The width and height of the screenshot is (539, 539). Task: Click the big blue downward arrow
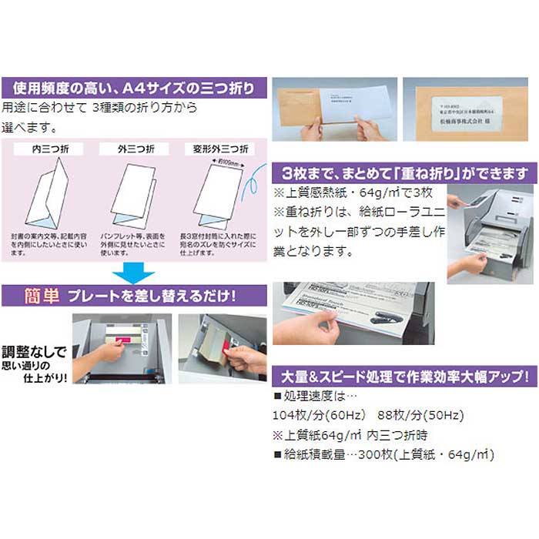point(133,273)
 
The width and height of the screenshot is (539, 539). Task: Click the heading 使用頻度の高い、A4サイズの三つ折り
point(136,87)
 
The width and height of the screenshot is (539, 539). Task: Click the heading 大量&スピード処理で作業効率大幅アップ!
point(405,377)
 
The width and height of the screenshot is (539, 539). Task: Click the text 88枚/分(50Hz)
point(420,416)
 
